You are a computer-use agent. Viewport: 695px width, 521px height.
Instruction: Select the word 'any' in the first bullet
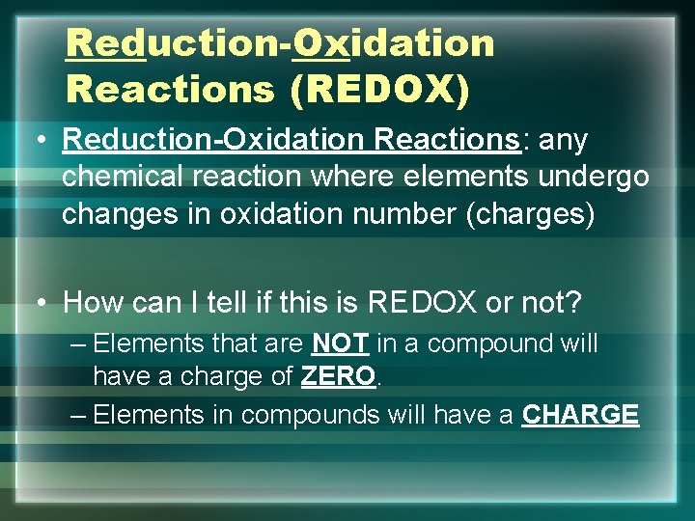[564, 140]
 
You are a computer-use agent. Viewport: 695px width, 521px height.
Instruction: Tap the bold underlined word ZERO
[337, 377]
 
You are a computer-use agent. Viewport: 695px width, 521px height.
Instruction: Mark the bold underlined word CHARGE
[580, 415]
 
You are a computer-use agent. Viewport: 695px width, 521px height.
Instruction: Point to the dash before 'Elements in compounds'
[79, 415]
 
